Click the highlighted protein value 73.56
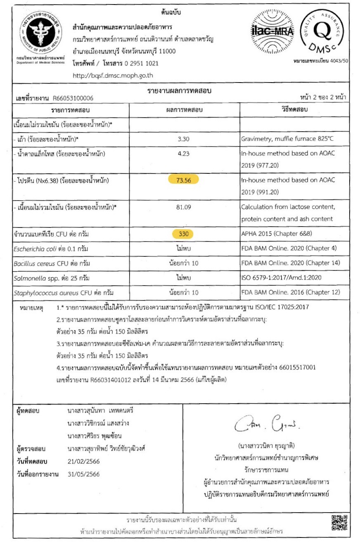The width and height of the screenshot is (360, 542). [x=184, y=180]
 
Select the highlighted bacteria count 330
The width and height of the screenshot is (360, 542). [x=184, y=234]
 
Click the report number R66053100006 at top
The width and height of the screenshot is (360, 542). [x=73, y=98]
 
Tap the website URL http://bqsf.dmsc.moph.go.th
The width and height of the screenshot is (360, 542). [x=113, y=76]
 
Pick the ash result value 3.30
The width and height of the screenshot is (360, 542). [x=184, y=139]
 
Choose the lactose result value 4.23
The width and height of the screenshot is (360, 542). [x=184, y=154]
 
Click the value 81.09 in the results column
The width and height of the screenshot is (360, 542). [x=184, y=207]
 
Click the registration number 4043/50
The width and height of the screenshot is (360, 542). [x=338, y=62]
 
